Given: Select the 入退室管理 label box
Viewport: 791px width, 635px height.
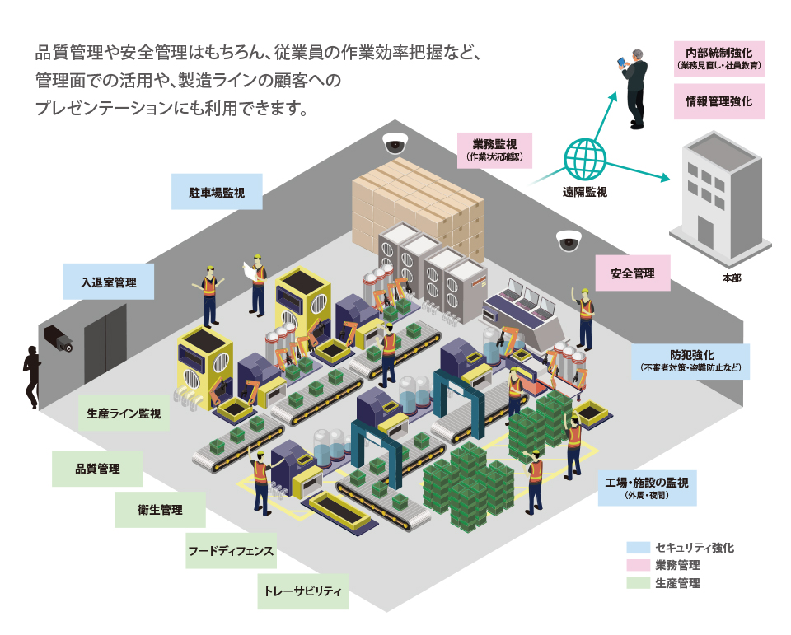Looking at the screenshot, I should (109, 282).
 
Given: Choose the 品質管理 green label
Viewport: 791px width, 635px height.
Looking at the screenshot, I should (97, 469).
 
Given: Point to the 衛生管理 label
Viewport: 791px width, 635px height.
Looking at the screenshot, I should (160, 510).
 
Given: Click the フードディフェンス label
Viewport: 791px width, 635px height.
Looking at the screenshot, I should (231, 549).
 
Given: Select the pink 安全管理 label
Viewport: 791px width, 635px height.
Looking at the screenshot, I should (633, 273).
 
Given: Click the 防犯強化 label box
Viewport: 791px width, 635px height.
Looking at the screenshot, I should (692, 361).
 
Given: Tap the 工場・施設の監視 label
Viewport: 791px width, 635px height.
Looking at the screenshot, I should (646, 487).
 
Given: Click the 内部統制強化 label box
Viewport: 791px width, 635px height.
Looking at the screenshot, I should (719, 58).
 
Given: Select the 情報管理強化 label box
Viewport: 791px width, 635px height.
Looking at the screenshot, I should (719, 102).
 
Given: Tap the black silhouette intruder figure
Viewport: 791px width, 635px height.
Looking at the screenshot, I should (32, 376).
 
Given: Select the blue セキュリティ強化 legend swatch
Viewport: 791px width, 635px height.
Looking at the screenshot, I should (639, 548).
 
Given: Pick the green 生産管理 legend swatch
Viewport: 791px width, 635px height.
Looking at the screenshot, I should (639, 584).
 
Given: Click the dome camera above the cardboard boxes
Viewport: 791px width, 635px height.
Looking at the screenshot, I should (395, 142).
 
